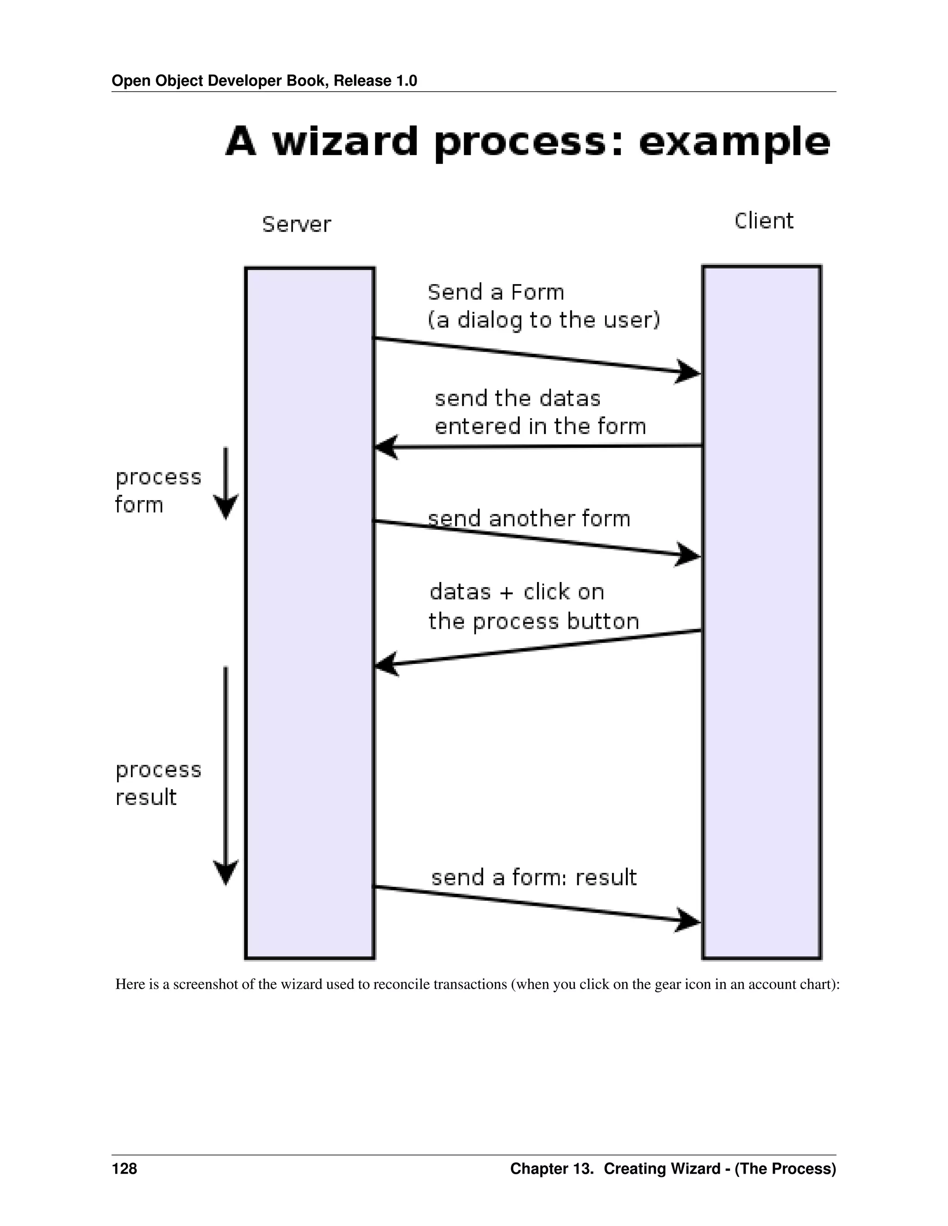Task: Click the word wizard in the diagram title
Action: point(345,142)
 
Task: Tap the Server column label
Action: point(297,224)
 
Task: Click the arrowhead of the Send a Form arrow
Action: point(688,372)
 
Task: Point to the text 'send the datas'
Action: point(517,398)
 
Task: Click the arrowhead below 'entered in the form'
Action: point(387,447)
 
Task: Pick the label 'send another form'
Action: point(529,519)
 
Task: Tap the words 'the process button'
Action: point(534,621)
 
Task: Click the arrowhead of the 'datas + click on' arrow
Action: point(387,665)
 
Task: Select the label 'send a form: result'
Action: point(534,877)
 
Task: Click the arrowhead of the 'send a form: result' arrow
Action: point(688,920)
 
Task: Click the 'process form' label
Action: point(157,490)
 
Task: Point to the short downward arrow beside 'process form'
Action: point(226,483)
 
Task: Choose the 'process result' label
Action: point(157,783)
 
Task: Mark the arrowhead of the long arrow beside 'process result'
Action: point(226,872)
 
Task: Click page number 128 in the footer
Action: point(124,1169)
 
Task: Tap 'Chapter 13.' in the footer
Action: point(551,1169)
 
